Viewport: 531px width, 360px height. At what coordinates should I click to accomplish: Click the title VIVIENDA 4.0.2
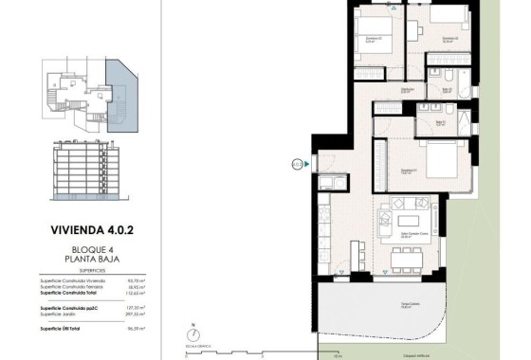tap(93, 228)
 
